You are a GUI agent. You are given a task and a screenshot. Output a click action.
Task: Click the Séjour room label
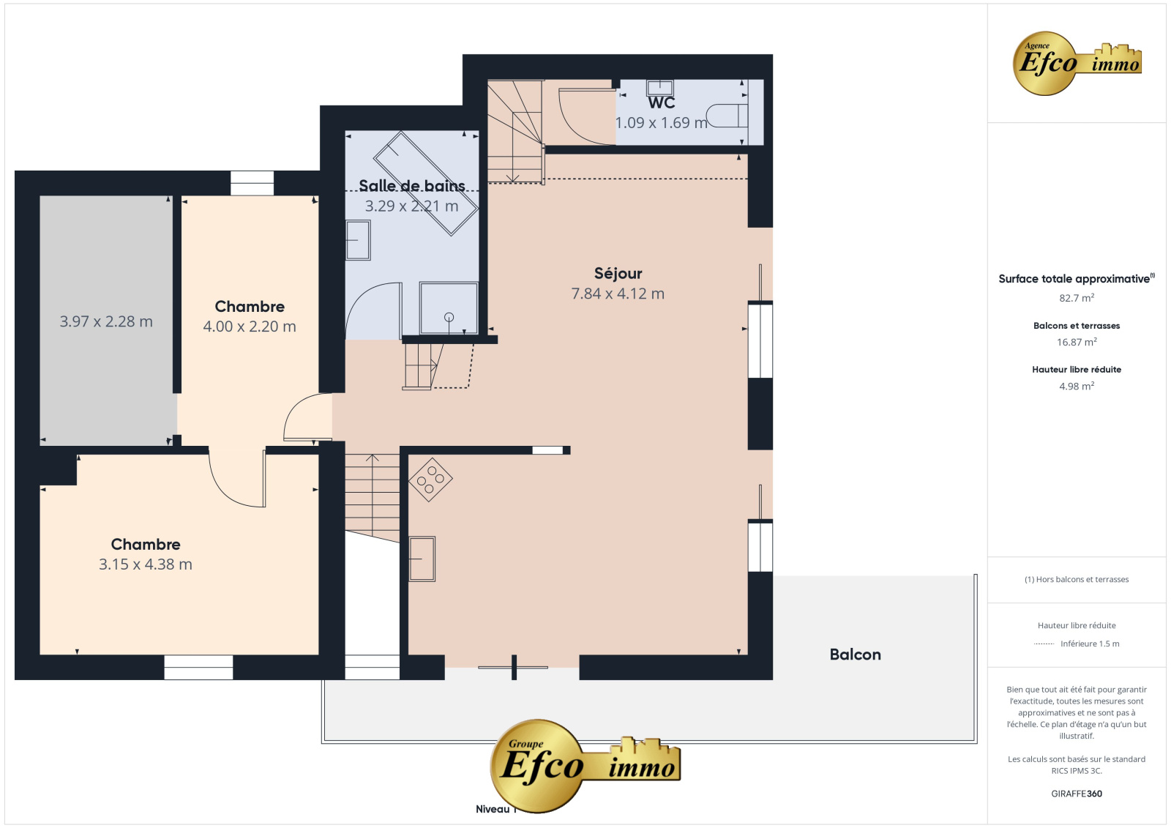click(618, 273)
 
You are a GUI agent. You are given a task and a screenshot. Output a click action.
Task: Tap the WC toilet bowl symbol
click(727, 116)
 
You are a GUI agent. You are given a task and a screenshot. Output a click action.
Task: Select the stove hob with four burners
click(430, 480)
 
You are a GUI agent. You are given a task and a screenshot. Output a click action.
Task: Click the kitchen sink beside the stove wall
click(422, 559)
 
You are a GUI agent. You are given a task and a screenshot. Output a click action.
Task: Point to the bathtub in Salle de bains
click(425, 183)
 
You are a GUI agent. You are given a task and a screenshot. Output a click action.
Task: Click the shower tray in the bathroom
click(449, 308)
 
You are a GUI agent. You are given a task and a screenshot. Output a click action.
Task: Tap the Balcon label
click(856, 654)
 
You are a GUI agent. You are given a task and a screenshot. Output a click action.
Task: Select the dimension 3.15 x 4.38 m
click(146, 564)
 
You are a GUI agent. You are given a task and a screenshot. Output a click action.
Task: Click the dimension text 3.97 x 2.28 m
click(106, 321)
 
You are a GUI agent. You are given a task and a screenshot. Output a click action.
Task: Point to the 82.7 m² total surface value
click(1077, 298)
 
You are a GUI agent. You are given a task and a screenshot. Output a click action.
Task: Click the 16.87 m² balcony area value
click(1077, 342)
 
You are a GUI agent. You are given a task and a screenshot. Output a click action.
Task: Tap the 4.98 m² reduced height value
click(1077, 386)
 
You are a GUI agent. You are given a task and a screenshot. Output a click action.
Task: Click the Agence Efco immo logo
click(1077, 63)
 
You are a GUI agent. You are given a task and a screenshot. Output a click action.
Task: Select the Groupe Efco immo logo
click(585, 765)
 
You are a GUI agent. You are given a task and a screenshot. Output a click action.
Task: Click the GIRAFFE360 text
click(1077, 794)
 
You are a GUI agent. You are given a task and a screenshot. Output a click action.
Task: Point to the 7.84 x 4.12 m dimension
click(618, 294)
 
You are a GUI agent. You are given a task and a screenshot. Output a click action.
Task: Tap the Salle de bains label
click(412, 186)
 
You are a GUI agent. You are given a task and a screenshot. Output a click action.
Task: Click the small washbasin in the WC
click(659, 87)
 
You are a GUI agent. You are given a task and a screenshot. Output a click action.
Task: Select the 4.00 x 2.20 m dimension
click(250, 327)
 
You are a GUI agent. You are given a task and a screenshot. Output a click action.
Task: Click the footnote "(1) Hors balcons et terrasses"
click(1077, 579)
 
